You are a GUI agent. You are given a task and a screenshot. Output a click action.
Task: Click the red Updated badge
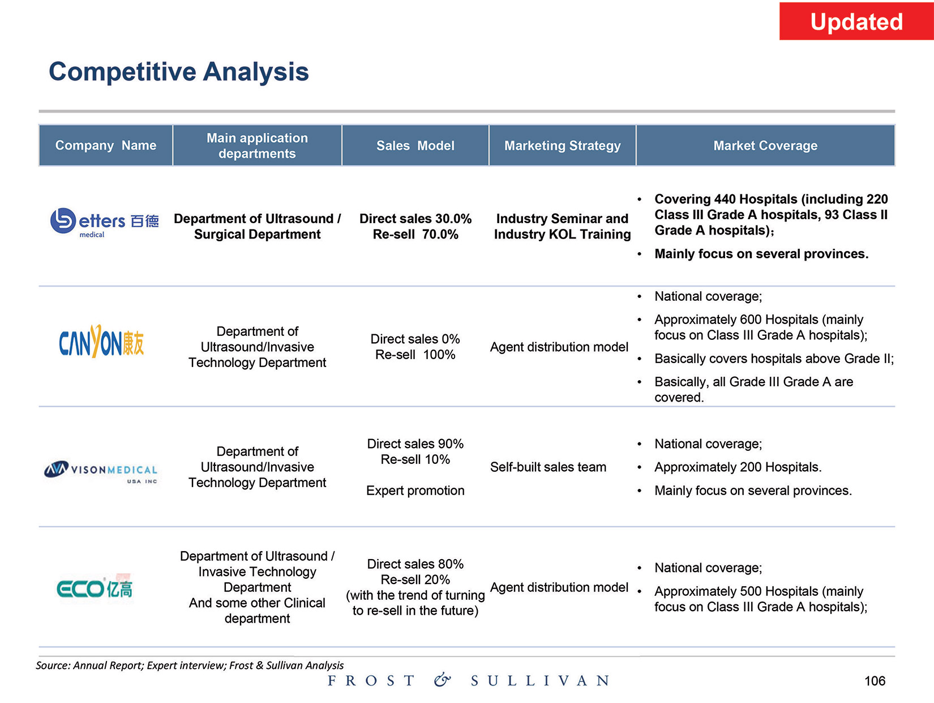[856, 22]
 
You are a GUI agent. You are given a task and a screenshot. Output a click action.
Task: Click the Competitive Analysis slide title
[179, 72]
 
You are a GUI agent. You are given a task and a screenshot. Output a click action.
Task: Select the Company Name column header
[106, 146]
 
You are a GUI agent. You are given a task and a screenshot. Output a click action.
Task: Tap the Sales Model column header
[415, 146]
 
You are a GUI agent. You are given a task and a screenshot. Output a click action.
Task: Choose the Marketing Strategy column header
[562, 146]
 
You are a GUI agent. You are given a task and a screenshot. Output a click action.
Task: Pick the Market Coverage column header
[765, 146]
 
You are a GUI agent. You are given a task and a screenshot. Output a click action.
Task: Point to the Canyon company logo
[102, 342]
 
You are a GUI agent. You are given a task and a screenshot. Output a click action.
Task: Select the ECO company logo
[95, 589]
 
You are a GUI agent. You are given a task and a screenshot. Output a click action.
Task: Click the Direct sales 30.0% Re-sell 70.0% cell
[415, 227]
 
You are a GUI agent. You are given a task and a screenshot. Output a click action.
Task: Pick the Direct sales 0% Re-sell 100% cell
[415, 347]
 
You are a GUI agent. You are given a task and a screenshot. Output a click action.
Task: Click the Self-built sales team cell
[548, 467]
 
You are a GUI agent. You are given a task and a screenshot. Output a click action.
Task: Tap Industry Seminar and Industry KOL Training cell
[562, 227]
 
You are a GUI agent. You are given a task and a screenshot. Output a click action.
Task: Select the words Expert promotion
[415, 491]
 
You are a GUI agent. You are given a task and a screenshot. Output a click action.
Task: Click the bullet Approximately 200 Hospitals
[738, 467]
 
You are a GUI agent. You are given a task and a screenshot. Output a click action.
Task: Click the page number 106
[875, 681]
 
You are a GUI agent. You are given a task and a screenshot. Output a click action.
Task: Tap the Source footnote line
[190, 665]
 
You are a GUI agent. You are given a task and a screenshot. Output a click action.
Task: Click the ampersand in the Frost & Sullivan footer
[442, 680]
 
